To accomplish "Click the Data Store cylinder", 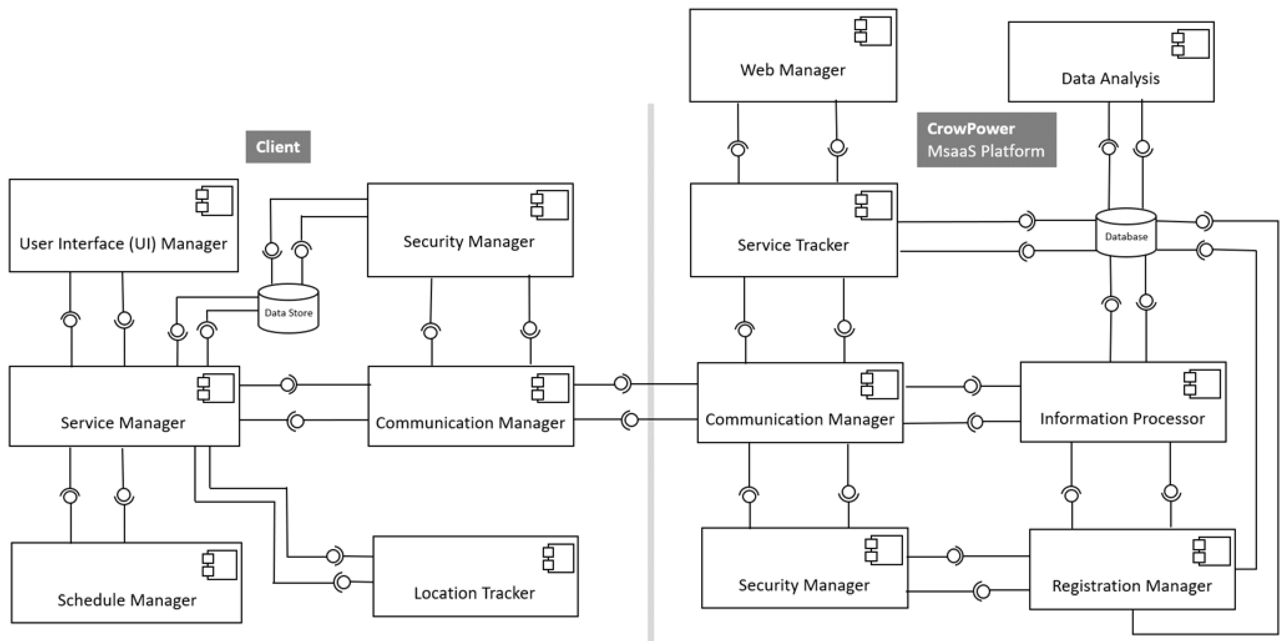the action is (x=288, y=309).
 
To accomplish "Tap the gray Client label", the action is (x=278, y=147).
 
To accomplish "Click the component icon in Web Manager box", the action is (x=873, y=31).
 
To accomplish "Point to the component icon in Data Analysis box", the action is (x=1191, y=44).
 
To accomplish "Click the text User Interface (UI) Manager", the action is (x=124, y=244).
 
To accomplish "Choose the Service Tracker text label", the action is (x=793, y=245).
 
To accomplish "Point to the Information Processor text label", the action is (x=1122, y=419).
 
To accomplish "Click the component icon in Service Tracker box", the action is (x=873, y=205).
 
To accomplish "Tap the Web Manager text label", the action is (x=793, y=70).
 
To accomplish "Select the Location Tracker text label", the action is (x=474, y=593).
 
